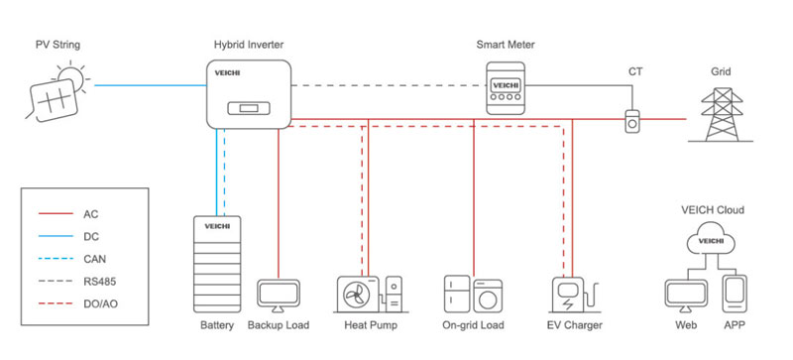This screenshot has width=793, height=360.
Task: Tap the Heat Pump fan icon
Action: [359, 295]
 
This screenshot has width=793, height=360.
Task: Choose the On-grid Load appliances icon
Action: [473, 295]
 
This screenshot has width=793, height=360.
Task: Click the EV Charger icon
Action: [573, 297]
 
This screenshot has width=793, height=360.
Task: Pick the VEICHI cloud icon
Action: [710, 240]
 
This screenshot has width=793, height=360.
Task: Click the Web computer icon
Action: [681, 296]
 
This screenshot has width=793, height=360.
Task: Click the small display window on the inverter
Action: [244, 108]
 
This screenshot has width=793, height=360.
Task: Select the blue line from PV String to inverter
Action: [149, 86]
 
